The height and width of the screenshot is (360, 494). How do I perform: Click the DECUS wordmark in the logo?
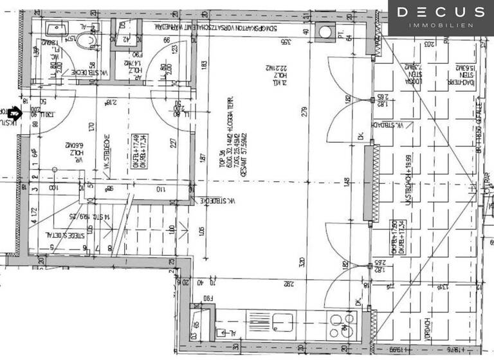(x=440, y=12)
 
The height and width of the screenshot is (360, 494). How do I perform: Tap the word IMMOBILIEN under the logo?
(x=440, y=25)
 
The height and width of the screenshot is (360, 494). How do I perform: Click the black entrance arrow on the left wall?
(x=15, y=114)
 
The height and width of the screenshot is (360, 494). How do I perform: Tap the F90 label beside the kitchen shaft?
(x=207, y=298)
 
